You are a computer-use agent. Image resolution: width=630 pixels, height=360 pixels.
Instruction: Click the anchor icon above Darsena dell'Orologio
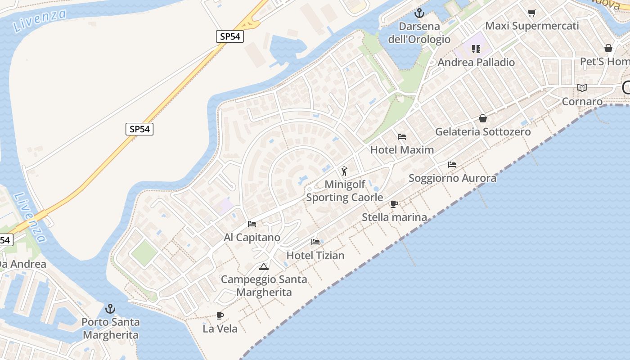(419, 13)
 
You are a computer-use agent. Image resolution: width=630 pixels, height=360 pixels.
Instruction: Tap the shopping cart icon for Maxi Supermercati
(532, 13)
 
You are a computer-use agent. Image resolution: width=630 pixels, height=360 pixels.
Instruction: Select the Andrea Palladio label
(476, 62)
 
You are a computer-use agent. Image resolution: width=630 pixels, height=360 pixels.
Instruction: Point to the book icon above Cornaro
(582, 88)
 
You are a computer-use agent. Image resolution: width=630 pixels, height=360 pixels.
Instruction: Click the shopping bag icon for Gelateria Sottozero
(483, 118)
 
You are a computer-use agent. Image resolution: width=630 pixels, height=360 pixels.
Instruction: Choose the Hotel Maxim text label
(402, 150)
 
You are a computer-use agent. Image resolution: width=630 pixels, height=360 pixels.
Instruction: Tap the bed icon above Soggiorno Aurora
(452, 165)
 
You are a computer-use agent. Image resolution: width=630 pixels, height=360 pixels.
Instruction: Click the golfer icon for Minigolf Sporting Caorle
(344, 171)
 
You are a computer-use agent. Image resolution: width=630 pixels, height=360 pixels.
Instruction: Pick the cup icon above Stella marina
(394, 204)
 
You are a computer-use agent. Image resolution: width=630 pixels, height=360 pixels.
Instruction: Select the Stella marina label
(394, 217)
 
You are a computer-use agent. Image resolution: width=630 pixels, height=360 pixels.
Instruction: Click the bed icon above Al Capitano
(252, 224)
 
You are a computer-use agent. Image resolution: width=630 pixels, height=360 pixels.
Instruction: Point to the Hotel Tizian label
(315, 256)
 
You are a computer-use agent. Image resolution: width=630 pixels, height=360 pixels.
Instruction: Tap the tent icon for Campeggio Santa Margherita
(264, 267)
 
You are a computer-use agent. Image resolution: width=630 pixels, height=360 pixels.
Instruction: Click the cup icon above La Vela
(220, 315)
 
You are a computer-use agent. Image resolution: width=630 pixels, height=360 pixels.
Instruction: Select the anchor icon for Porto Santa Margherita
(110, 309)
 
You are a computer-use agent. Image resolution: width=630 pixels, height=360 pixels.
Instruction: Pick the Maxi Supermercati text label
(532, 26)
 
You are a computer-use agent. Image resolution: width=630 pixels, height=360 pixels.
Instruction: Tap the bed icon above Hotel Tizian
(315, 242)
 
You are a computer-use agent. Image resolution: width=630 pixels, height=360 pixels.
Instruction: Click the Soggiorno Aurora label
(452, 178)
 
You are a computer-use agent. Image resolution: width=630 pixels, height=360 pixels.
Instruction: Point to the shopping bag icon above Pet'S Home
(608, 48)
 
